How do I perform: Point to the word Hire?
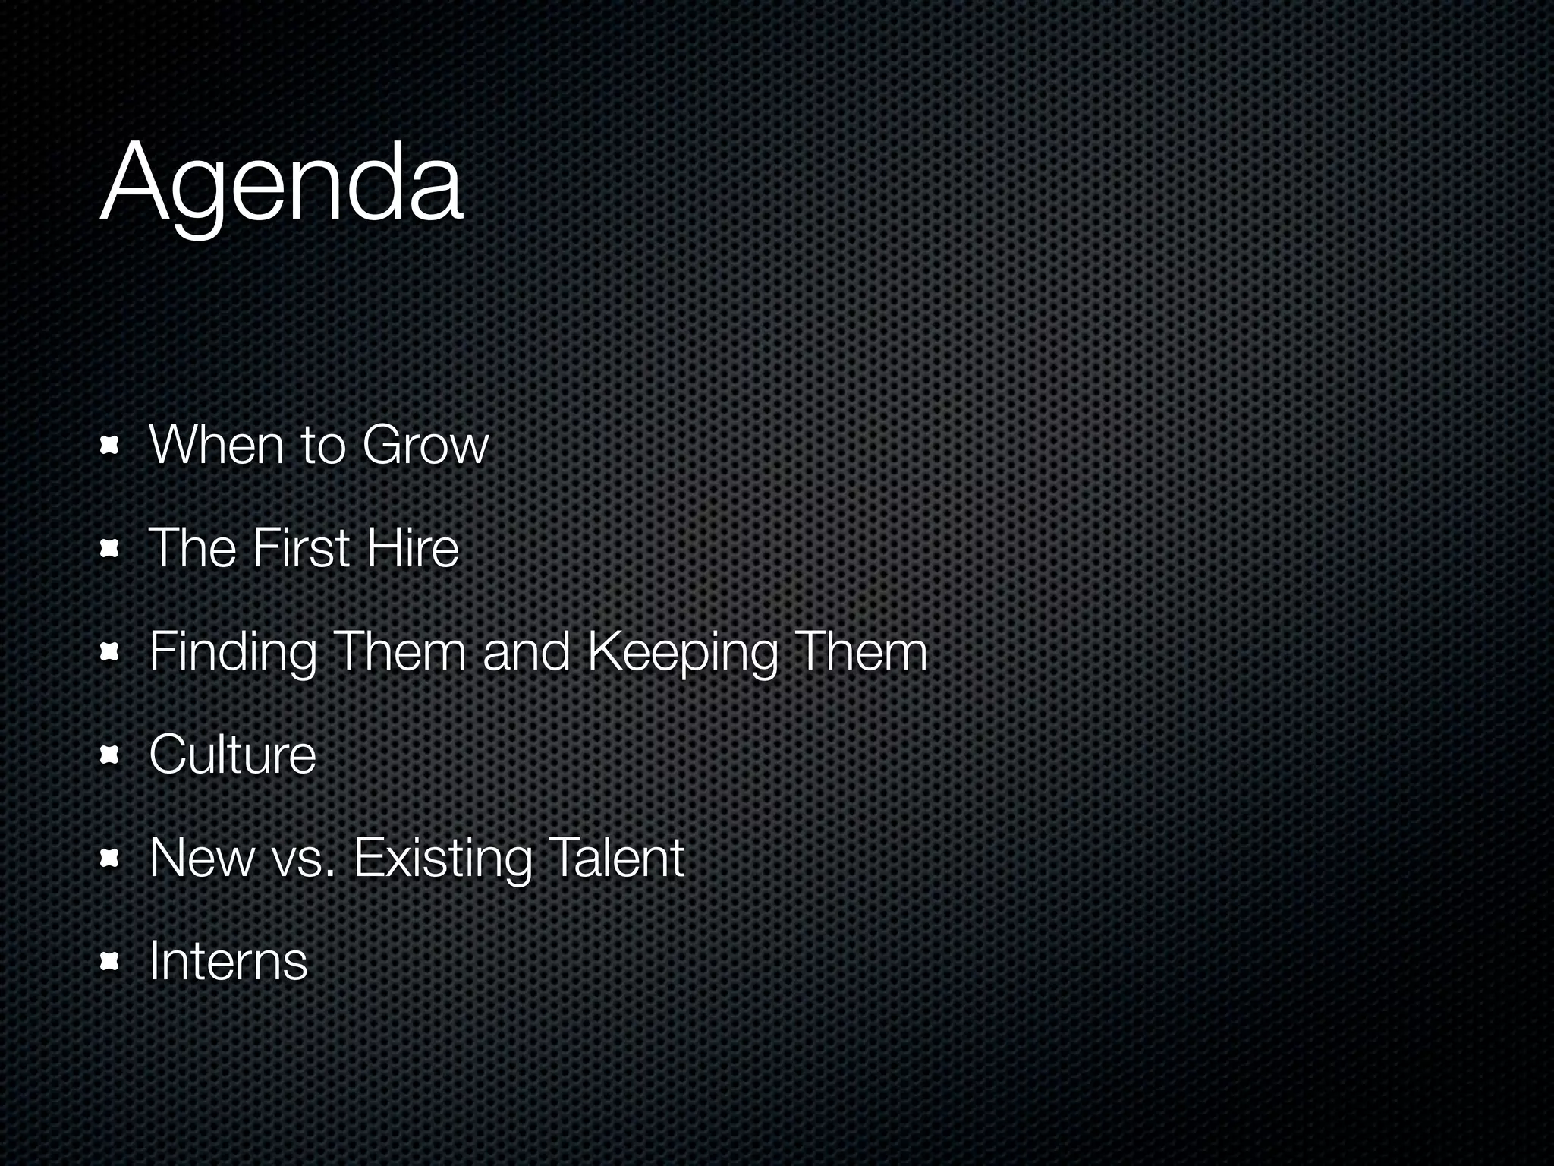[413, 548]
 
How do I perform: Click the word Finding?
[233, 653]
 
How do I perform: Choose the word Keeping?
[683, 653]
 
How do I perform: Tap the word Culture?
[232, 755]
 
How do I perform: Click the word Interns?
[228, 961]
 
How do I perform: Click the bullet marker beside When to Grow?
[110, 446]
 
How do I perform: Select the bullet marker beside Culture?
[110, 756]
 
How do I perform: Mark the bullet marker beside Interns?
[110, 963]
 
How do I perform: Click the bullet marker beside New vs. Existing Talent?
[110, 859]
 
